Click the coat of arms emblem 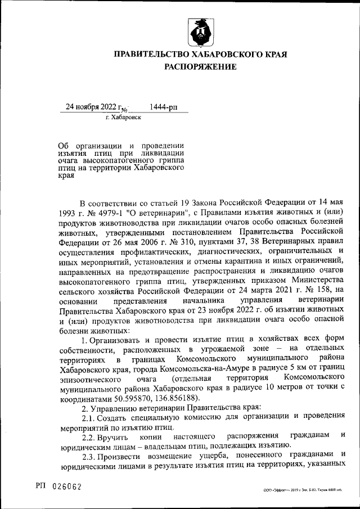tap(200, 32)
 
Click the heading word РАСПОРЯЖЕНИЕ tap(200, 67)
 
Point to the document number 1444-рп tap(164, 107)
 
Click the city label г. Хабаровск tap(123, 118)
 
